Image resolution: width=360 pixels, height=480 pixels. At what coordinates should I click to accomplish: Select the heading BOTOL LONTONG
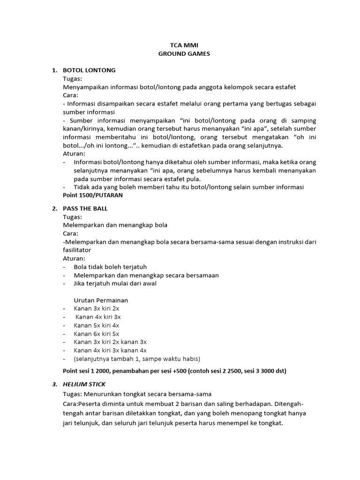coord(89,70)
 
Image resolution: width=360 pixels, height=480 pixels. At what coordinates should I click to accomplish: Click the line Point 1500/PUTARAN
coord(90,195)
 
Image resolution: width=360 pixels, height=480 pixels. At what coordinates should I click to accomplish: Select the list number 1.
coord(54,70)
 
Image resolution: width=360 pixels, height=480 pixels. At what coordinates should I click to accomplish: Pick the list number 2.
coord(54,209)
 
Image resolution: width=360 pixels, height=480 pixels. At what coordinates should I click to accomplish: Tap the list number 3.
coord(54,384)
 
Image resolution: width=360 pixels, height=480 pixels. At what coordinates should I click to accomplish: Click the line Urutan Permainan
coord(101,300)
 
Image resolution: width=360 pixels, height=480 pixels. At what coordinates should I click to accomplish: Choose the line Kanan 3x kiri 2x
coord(96,308)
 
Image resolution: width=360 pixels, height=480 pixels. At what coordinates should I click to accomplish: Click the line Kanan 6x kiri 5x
coord(96,334)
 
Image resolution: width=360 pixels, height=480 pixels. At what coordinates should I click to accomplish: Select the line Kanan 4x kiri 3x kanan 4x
coord(110,351)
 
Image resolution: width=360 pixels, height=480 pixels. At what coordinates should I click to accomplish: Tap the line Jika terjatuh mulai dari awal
coord(115,284)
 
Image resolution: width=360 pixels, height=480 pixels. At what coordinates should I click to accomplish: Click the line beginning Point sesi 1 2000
coord(174,371)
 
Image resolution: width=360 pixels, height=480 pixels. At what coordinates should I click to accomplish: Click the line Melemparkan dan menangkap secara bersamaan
coord(146,275)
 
